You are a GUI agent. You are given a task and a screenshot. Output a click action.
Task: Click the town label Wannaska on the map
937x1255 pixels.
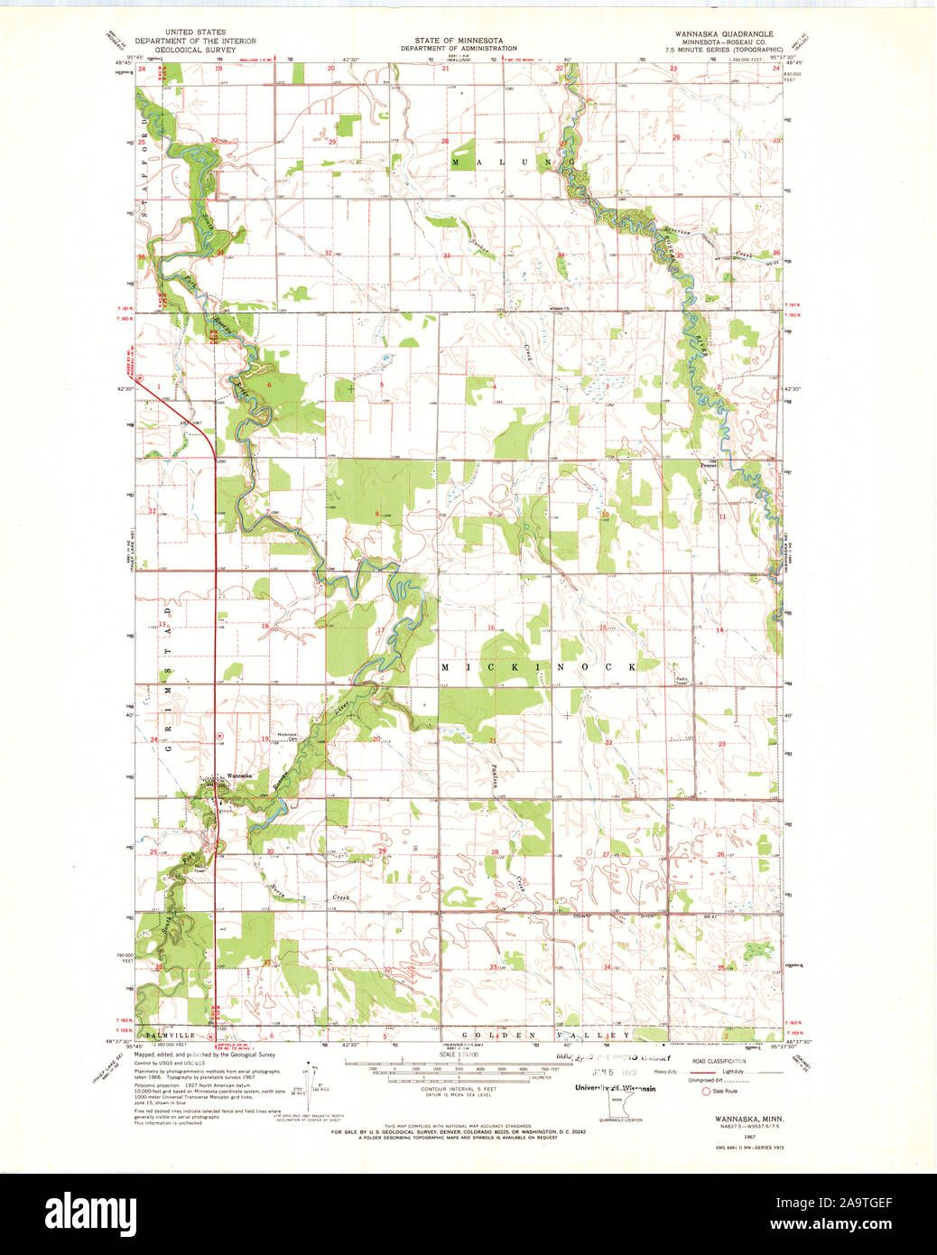pos(240,775)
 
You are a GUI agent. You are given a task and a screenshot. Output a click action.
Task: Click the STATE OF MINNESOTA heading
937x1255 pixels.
pos(459,41)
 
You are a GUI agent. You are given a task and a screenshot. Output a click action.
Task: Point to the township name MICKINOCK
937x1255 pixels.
pos(538,666)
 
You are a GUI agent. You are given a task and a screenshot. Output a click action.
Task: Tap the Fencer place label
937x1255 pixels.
pos(709,465)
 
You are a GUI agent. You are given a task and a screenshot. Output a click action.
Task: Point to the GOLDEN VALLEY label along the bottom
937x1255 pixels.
pos(545,1035)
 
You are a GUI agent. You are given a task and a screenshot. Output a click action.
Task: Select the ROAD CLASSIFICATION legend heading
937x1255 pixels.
pos(719,1061)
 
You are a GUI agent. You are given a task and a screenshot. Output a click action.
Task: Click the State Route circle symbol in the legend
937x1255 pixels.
pos(706,1091)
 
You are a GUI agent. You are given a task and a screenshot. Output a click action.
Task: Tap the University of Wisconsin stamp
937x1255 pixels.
pos(616,1088)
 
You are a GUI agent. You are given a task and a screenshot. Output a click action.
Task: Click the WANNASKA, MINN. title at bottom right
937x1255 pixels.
pos(725,1118)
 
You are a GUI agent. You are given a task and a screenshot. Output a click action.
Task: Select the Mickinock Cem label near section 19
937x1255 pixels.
pos(287,736)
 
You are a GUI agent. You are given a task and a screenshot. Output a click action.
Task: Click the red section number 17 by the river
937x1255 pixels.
pos(381,630)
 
